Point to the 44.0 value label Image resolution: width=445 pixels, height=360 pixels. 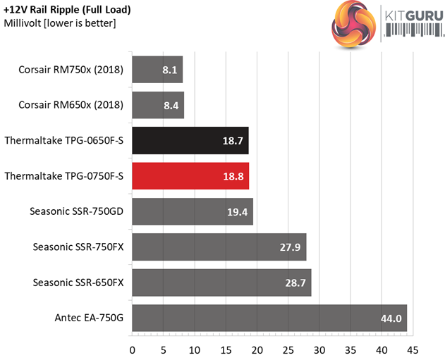390,318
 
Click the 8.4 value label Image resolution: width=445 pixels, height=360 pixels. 170,106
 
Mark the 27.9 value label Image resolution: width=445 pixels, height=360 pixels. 290,247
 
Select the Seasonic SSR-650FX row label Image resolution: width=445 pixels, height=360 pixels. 78,282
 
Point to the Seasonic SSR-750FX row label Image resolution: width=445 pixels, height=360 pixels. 78,247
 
